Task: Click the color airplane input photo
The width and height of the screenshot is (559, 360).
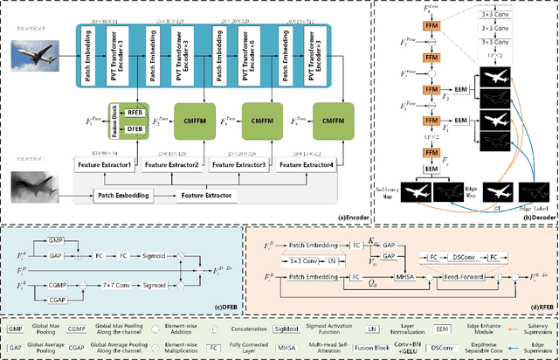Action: click(36, 58)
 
